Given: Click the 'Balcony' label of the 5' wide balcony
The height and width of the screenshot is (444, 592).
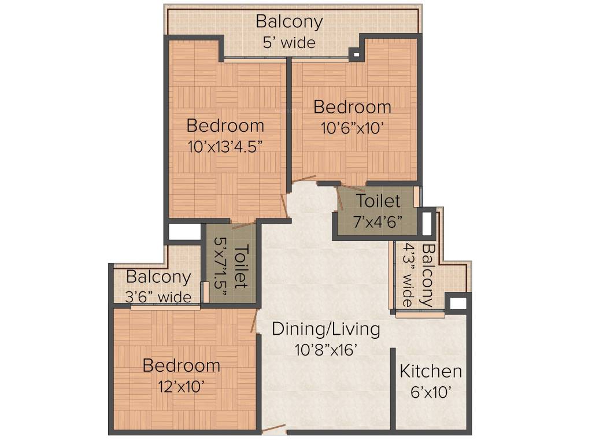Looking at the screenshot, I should (x=289, y=22).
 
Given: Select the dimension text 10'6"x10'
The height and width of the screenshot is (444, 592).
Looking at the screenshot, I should (x=353, y=128).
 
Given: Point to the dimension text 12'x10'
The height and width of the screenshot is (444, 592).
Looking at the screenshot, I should (x=181, y=386).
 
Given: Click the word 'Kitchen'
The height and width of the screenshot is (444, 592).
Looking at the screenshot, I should (x=431, y=371).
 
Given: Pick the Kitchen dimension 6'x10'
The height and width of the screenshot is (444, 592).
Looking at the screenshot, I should (x=430, y=392).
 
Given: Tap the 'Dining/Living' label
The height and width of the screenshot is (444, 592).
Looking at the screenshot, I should (x=326, y=329).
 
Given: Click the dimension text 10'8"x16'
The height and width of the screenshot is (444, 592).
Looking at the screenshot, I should (x=326, y=350).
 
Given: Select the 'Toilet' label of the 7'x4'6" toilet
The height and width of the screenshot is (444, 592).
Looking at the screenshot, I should (x=378, y=201).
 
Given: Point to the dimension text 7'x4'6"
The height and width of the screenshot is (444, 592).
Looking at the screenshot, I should (x=378, y=222).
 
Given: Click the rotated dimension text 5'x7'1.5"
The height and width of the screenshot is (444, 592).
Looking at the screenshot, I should (x=221, y=264).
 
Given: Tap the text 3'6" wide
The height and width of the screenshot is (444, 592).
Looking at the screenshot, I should (x=158, y=297).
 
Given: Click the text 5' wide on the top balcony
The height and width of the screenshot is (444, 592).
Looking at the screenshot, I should (x=289, y=43).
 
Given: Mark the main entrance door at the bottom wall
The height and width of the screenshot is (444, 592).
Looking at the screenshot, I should (x=273, y=429).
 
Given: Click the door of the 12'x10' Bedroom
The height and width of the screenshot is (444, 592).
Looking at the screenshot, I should (x=254, y=321).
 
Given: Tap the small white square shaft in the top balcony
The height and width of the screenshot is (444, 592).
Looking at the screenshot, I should (x=356, y=55).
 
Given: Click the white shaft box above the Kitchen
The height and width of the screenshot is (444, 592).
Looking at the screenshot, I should (x=458, y=303).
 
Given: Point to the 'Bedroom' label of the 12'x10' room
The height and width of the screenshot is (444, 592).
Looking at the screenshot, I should (x=181, y=365).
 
